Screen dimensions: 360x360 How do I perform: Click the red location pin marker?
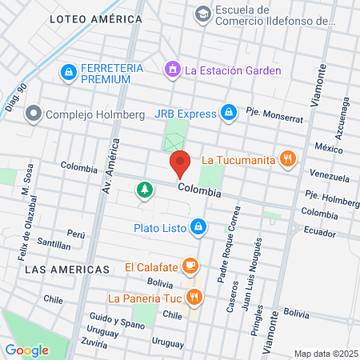click(180, 164)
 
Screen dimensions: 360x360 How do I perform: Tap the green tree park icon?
click(144, 190)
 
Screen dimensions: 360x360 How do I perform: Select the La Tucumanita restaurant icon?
click(289, 159)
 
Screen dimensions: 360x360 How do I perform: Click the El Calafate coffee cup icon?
click(190, 266)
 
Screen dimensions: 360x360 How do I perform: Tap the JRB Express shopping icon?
click(229, 113)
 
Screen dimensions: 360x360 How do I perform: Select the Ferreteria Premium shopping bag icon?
click(68, 74)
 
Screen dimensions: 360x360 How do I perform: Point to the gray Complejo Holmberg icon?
click(33, 114)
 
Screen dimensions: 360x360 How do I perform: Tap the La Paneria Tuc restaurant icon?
click(194, 298)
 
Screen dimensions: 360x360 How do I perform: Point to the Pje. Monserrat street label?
click(274, 118)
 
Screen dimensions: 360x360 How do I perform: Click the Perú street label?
click(76, 234)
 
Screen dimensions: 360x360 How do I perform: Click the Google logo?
click(27, 350)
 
